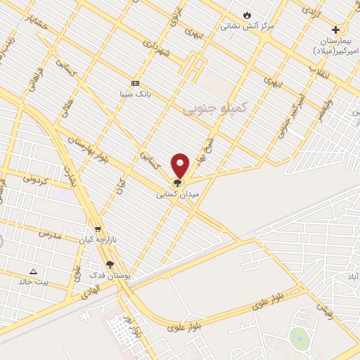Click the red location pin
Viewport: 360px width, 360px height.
181,165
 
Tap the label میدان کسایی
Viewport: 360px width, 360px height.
177,193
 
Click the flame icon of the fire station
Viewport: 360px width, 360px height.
246,15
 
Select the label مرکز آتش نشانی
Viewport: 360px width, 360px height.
247,26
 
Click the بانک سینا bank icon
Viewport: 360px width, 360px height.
135,82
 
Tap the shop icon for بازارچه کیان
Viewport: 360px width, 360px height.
98,229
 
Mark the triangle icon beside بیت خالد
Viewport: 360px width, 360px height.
32,271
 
